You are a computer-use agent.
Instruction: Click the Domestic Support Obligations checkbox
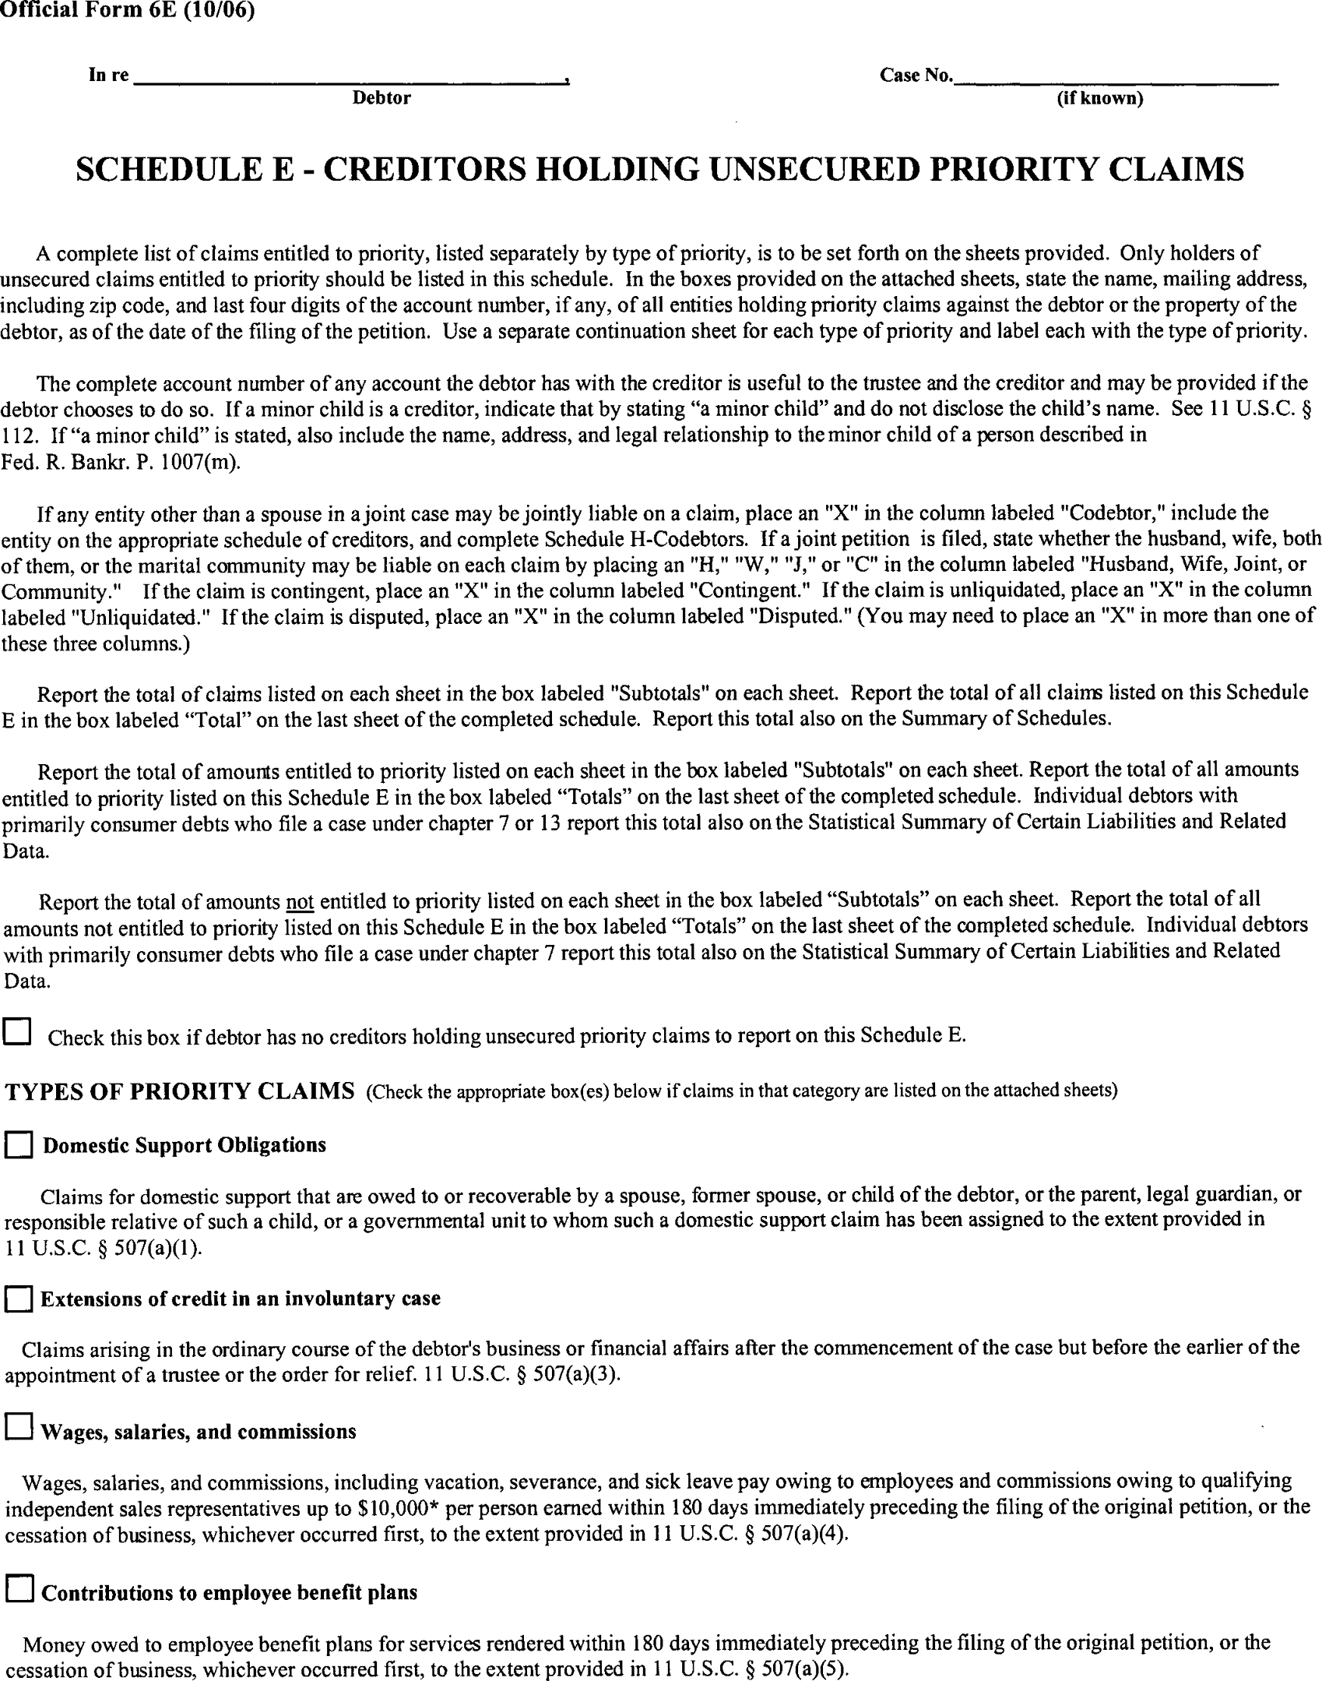(x=19, y=1146)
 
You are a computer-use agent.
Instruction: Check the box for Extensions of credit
(x=19, y=1300)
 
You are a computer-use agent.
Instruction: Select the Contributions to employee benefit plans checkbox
(x=19, y=1588)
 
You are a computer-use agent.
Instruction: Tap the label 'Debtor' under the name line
(x=381, y=98)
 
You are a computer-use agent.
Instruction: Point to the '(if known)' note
(x=1099, y=99)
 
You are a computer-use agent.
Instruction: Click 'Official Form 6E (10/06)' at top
(x=128, y=11)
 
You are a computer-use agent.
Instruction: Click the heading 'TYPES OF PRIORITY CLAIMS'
(x=180, y=1091)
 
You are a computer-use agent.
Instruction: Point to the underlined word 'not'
(x=300, y=902)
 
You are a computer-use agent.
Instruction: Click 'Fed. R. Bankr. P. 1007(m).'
(x=121, y=462)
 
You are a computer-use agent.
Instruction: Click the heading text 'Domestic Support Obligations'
(x=185, y=1145)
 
